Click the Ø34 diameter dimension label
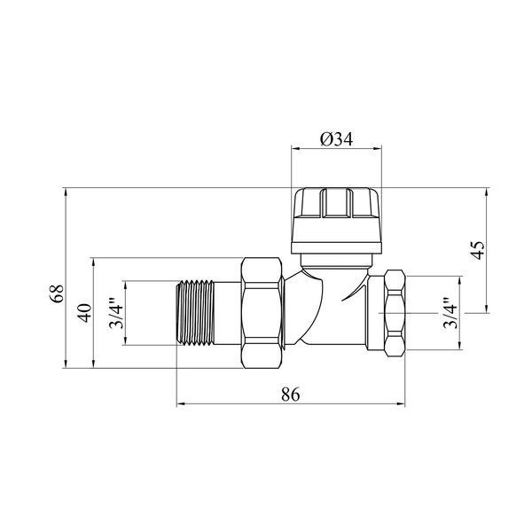coord(337,139)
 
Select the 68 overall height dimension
coord(56,293)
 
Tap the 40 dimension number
coord(84,313)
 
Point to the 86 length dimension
coord(291,395)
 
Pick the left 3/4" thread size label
coord(116,313)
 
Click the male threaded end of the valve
coord(195,313)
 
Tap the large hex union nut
coord(262,313)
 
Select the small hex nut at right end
coord(395,313)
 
